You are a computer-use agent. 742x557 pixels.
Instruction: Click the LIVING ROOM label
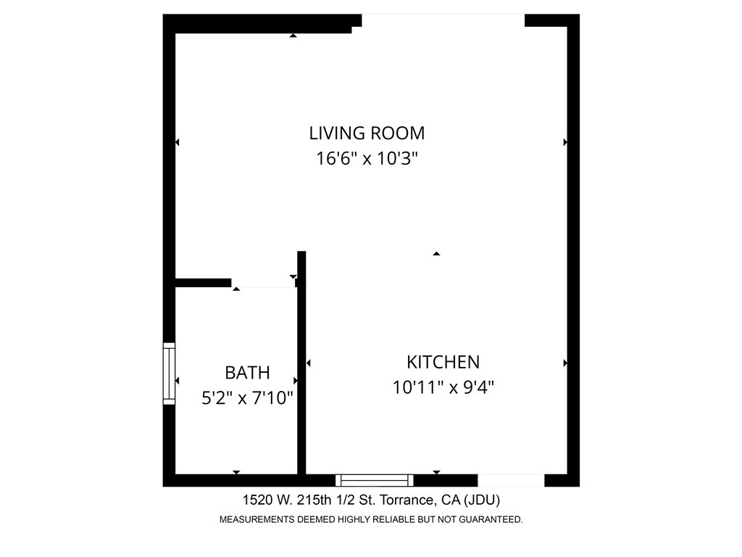coord(367,133)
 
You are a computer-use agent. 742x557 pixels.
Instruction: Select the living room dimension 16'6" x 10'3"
coord(367,159)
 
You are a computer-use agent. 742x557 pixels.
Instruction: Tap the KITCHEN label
coord(443,362)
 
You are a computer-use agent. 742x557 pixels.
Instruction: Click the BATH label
coord(247,373)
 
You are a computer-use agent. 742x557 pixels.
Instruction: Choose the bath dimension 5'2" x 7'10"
coord(247,398)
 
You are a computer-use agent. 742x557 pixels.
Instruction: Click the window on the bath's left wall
coord(169,374)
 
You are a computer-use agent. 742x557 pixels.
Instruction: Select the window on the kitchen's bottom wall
coord(375,480)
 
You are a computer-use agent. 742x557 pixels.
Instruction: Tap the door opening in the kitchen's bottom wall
coord(511,480)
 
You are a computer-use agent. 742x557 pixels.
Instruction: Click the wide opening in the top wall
coord(443,20)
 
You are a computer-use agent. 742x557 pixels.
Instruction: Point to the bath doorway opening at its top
coord(264,284)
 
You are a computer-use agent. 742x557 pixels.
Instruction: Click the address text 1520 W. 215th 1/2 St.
coord(320,500)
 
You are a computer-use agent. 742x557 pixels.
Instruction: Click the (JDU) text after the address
coord(481,500)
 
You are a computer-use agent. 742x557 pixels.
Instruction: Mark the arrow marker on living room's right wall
coord(565,143)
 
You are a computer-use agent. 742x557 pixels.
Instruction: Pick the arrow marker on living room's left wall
coord(177,143)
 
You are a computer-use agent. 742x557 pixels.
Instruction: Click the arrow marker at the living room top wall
coord(293,35)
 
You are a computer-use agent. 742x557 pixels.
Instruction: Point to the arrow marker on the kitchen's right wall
coord(565,363)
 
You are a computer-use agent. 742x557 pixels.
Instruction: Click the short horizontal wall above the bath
coord(204,283)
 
